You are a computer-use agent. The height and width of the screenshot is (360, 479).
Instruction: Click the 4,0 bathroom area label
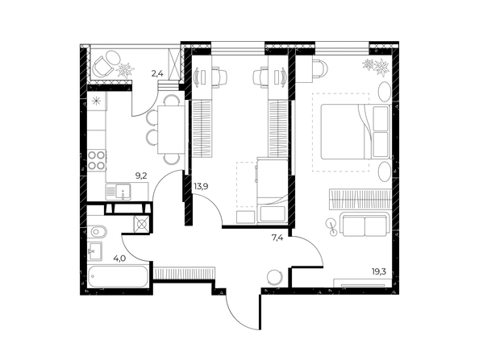click(119, 259)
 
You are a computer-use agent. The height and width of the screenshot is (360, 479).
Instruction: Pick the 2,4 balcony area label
click(157, 75)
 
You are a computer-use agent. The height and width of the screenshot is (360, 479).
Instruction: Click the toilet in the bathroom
click(97, 234)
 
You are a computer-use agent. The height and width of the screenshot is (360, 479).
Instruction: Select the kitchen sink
click(123, 192)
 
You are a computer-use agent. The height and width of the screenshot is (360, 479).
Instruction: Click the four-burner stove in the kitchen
click(97, 159)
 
